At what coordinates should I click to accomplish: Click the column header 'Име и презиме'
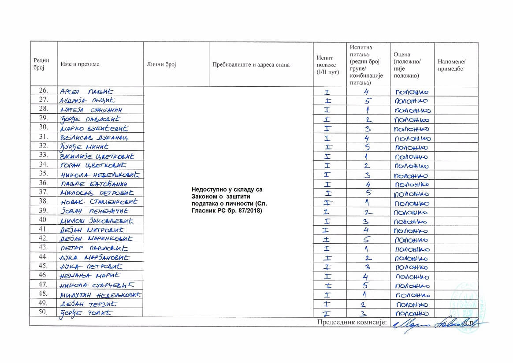pos(80,64)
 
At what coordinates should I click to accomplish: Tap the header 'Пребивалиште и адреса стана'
pos(251,65)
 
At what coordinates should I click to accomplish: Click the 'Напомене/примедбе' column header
pos(451,65)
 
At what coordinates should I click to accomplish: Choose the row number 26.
pos(43,91)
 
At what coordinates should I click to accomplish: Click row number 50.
pos(43,313)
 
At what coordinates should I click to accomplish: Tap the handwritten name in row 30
pos(94,128)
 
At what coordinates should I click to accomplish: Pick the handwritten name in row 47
pos(95,285)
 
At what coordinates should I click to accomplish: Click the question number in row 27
pos(367,100)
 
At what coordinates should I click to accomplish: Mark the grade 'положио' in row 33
pos(412,156)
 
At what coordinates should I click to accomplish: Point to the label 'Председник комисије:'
pos(352,322)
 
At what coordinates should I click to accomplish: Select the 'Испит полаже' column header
pos(326,64)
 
